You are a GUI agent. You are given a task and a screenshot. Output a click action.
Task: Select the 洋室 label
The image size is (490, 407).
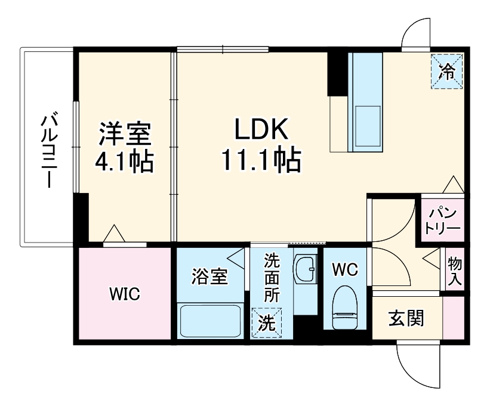pos(125,132)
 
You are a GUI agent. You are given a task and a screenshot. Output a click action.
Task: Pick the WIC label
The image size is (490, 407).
pos(124,293)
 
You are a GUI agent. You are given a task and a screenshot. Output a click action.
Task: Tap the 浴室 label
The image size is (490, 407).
pos(209,276)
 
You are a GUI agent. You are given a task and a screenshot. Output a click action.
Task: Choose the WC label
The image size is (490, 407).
pos(345,269)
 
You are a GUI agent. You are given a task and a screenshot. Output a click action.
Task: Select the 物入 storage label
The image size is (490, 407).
pos(455,271)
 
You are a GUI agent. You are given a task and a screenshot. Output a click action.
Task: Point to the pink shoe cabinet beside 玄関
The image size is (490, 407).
pos(454,317)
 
